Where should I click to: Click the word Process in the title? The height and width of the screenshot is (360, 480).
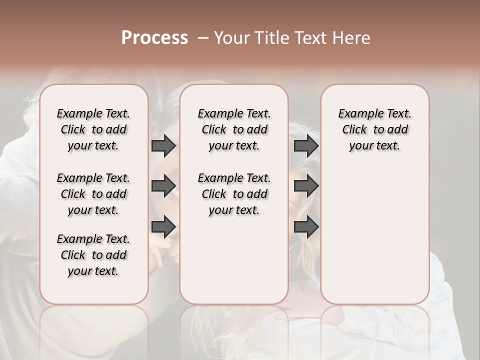tap(154, 38)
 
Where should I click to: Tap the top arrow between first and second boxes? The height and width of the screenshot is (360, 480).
tap(163, 146)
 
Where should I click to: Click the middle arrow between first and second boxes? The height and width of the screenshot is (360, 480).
tap(163, 186)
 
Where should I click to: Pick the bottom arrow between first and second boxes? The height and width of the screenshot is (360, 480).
tap(163, 226)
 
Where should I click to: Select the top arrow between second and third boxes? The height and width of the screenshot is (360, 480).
tap(306, 146)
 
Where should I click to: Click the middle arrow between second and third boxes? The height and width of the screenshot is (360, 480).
tap(306, 186)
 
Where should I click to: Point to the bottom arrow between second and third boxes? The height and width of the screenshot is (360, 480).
tap(306, 226)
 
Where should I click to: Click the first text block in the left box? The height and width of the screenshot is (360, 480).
tap(93, 129)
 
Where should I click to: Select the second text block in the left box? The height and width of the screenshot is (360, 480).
tap(93, 194)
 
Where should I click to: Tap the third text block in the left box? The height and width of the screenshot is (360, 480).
tap(93, 255)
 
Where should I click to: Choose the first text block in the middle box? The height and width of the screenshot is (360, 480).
tap(234, 129)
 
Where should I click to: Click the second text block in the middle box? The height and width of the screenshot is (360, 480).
tap(234, 194)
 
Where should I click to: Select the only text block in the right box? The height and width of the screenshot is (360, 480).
tap(374, 129)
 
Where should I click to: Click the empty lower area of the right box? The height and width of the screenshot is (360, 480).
tap(374, 235)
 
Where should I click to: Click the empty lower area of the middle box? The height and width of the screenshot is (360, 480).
tap(234, 260)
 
